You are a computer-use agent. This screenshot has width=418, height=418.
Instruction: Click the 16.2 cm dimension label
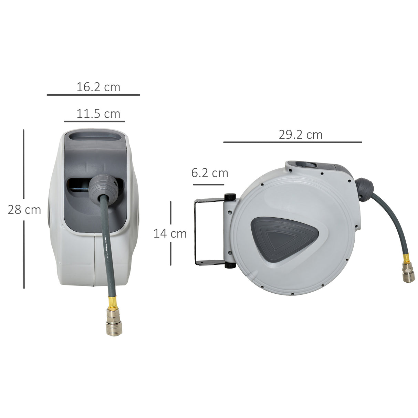pyautogui.click(x=98, y=87)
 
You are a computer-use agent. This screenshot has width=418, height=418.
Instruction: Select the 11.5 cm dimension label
pyautogui.click(x=98, y=114)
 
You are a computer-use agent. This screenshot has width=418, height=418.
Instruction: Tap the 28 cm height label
pyautogui.click(x=24, y=210)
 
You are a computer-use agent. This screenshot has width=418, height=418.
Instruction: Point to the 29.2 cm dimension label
pyautogui.click(x=300, y=135)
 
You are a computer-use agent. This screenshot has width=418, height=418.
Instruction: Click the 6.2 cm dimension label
pyautogui.click(x=210, y=173)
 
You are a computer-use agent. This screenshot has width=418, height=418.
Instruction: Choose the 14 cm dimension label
pyautogui.click(x=170, y=233)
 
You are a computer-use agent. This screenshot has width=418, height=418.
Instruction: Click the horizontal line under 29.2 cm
pyautogui.click(x=292, y=142)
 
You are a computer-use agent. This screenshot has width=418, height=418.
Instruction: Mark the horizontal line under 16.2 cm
pyautogui.click(x=93, y=95)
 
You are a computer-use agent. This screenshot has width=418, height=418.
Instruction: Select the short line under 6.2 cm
pyautogui.click(x=208, y=185)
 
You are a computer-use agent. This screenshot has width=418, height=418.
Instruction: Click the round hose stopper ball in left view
pyautogui.click(x=102, y=185)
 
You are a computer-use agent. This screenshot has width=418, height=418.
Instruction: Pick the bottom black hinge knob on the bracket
pyautogui.click(x=230, y=265)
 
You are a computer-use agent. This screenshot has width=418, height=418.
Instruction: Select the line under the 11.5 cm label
pyautogui.click(x=94, y=122)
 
